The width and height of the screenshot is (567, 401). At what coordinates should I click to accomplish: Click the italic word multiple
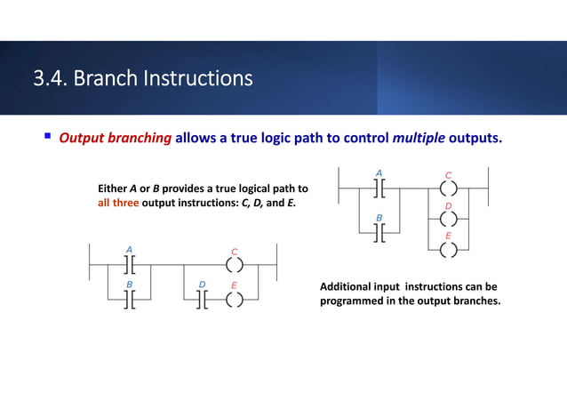pyautogui.click(x=419, y=139)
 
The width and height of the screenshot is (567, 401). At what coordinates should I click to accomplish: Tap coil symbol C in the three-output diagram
pyautogui.click(x=448, y=188)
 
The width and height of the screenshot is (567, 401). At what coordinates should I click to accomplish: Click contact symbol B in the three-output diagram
pyautogui.click(x=379, y=232)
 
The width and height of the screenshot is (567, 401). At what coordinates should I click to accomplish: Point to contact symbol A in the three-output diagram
pyautogui.click(x=379, y=188)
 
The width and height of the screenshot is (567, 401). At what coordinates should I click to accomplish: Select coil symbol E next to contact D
pyautogui.click(x=234, y=299)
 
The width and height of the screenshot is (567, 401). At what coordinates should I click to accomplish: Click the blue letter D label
pyautogui.click(x=202, y=285)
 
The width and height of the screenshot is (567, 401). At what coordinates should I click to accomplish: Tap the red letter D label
pyautogui.click(x=448, y=205)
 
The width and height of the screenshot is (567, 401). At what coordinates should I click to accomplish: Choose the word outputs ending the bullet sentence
pyautogui.click(x=481, y=139)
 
